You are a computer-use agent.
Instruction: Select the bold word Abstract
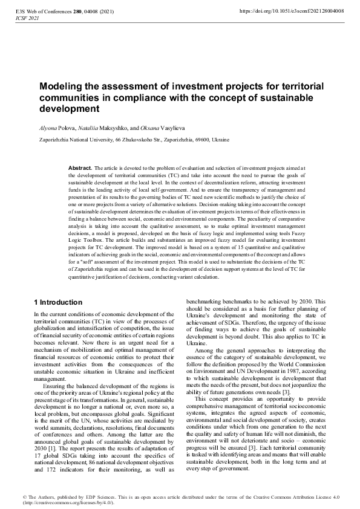(x=80, y=167)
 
